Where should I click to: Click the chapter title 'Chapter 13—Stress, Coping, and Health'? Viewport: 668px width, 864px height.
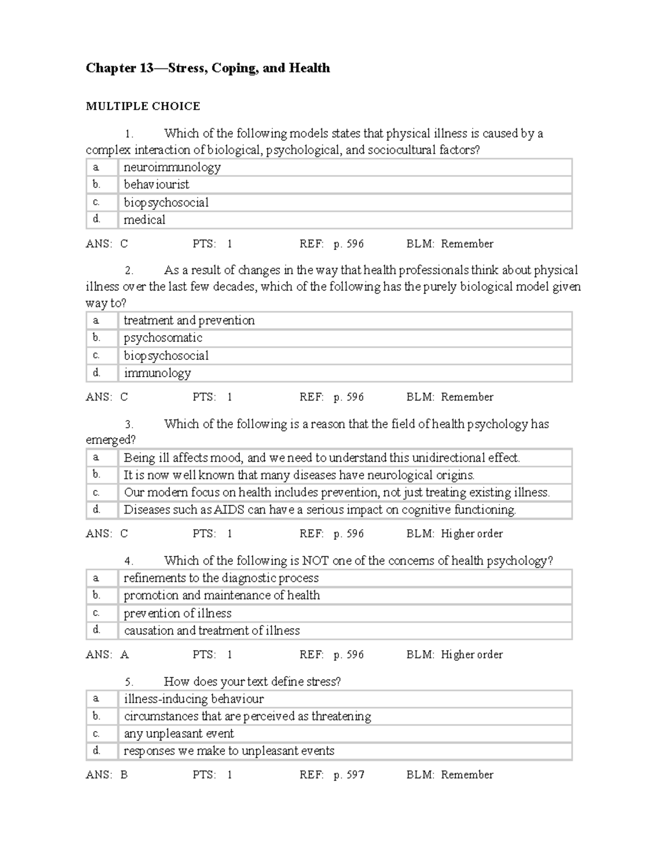(x=208, y=68)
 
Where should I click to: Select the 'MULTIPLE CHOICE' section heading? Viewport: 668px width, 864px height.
(x=143, y=106)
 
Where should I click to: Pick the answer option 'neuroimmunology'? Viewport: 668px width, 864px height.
(x=172, y=167)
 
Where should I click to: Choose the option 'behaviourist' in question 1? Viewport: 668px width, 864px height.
(x=156, y=185)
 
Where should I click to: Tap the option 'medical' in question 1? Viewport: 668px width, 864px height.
(x=144, y=220)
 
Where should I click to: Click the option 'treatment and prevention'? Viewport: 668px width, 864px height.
(x=189, y=320)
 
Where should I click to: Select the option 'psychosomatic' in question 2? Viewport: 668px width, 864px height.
(x=163, y=338)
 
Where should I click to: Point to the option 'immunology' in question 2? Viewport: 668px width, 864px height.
(x=157, y=373)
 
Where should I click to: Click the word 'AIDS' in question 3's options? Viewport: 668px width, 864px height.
(x=229, y=510)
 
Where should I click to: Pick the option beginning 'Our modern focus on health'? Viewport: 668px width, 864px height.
(x=336, y=492)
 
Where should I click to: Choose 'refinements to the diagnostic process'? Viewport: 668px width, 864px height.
(x=221, y=578)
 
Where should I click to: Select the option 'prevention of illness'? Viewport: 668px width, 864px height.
(x=177, y=613)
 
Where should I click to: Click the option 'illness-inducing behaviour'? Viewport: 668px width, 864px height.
(x=193, y=699)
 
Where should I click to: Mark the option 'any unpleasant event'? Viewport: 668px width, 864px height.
(x=179, y=734)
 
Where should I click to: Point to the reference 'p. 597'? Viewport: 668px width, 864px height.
(x=348, y=775)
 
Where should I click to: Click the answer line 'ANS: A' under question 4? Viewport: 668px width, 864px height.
(x=107, y=655)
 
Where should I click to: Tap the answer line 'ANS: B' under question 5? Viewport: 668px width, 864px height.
(x=107, y=775)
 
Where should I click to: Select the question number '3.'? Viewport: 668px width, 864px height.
(x=129, y=424)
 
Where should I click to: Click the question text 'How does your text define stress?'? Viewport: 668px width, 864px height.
(x=252, y=682)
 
